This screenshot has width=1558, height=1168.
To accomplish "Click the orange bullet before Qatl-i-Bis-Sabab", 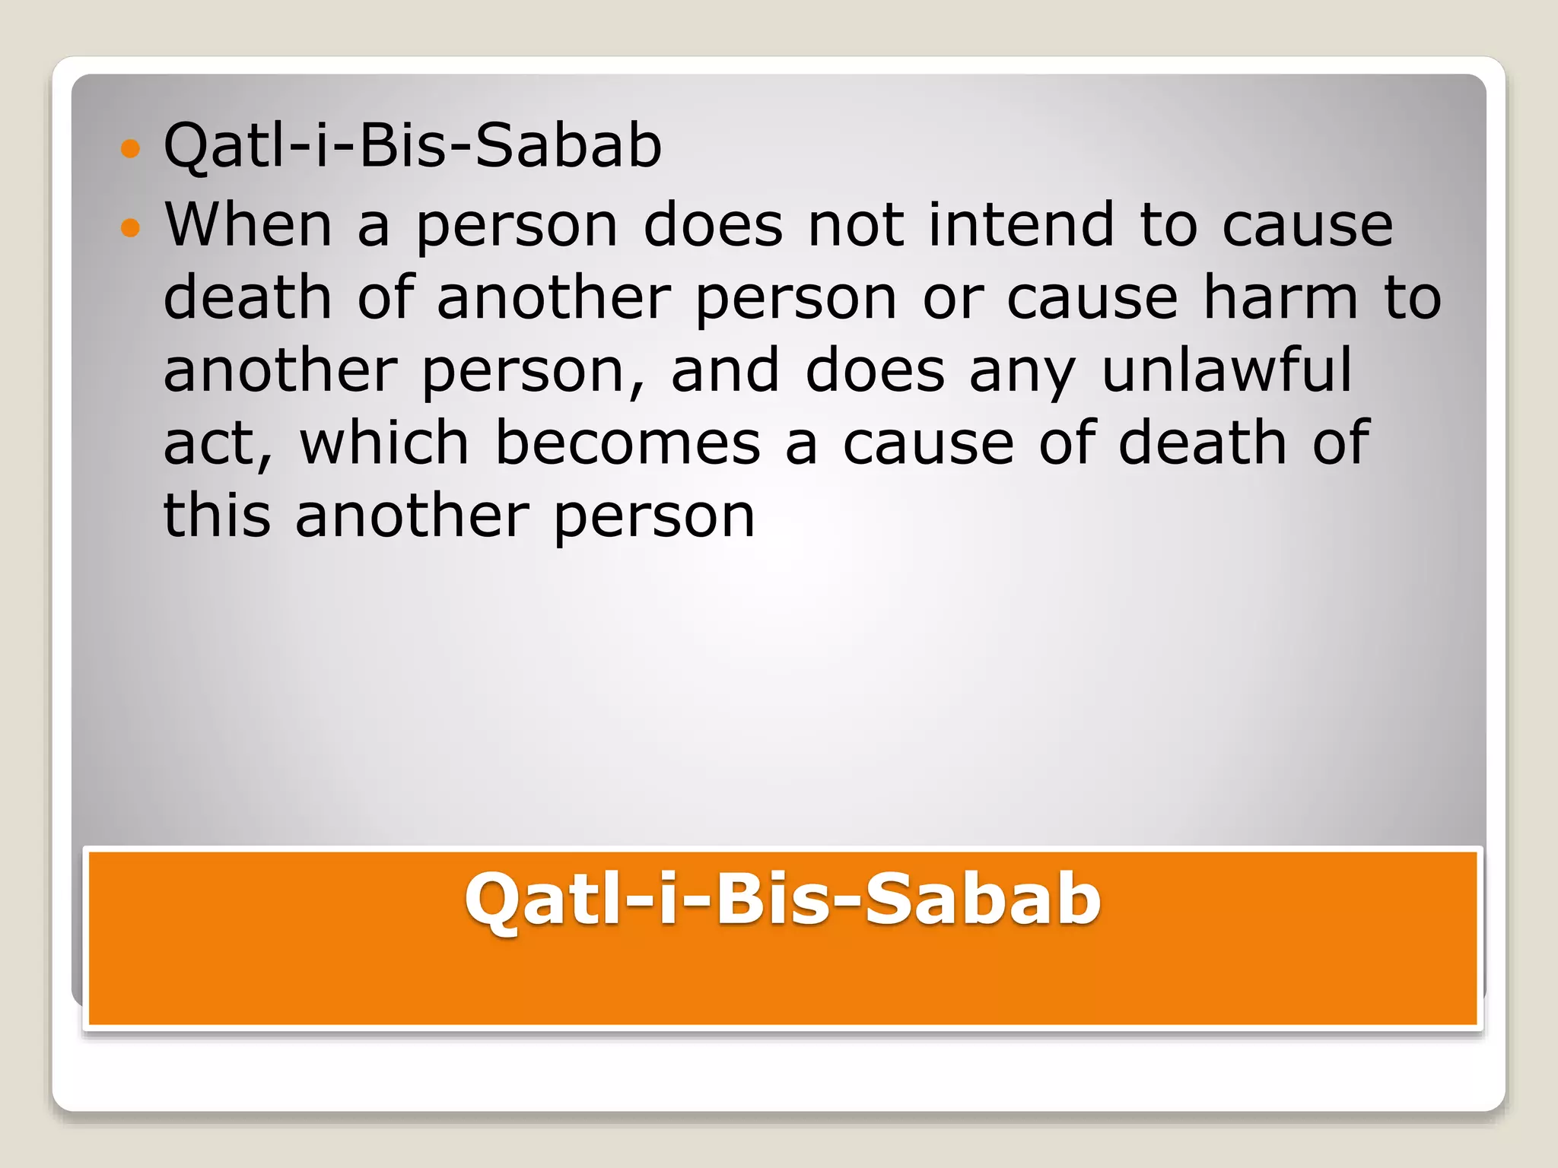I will [x=131, y=148].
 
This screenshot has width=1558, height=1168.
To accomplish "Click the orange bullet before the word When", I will [x=131, y=227].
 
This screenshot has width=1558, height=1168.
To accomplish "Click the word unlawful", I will [x=1227, y=370].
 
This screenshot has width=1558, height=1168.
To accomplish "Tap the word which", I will [x=384, y=443].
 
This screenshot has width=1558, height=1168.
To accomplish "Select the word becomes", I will [x=628, y=443].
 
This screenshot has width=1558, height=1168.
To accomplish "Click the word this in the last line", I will [x=217, y=516].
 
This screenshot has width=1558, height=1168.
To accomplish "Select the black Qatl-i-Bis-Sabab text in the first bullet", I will [x=413, y=145].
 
